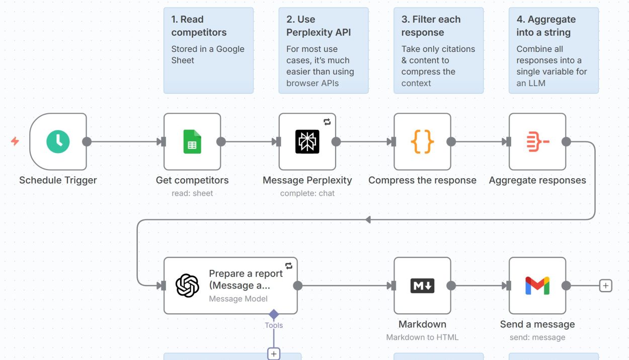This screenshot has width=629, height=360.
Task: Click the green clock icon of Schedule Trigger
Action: coord(58,141)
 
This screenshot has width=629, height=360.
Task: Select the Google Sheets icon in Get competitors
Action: coord(192,141)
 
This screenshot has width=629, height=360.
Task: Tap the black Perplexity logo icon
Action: coord(307,141)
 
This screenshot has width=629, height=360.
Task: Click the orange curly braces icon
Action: coord(422,141)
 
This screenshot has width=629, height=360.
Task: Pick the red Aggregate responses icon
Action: coord(537,141)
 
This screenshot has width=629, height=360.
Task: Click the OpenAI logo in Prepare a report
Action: coord(187,285)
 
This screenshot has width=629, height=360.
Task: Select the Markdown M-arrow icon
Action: coord(422,285)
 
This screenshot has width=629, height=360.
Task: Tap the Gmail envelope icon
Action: coord(537,285)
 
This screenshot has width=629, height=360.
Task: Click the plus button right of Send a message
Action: coord(606,285)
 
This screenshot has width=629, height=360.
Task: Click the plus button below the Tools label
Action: coord(274,354)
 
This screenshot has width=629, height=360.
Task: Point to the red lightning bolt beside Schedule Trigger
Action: coord(15,141)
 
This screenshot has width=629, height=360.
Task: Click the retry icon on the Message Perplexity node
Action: coord(327,122)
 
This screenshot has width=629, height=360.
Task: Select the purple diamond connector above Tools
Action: coord(274,314)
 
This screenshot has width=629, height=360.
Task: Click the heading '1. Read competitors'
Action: coord(199,26)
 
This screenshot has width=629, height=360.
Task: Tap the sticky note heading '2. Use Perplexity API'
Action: coord(319,26)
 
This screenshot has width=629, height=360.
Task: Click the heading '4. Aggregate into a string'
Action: coord(546,26)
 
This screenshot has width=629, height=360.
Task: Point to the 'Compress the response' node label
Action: coord(422,180)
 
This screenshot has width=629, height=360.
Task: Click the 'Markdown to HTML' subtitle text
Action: coord(422,337)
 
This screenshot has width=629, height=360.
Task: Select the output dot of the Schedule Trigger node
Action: coord(87,141)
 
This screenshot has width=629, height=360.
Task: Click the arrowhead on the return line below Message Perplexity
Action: coord(368,220)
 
